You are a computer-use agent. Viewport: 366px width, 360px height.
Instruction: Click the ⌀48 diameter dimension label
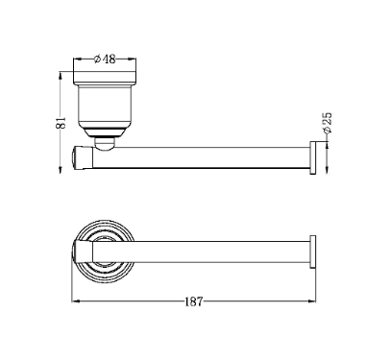tap(105, 60)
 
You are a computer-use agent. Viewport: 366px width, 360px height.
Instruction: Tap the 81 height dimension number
tap(61, 123)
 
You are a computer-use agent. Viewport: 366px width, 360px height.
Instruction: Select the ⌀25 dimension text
tap(328, 123)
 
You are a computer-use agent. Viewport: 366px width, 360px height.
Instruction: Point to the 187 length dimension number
tap(194, 301)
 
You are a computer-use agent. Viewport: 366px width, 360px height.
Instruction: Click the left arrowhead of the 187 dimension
tap(75, 301)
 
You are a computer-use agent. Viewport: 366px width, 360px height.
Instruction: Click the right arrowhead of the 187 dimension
tap(312, 301)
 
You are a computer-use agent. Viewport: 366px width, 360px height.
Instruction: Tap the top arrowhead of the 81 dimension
tap(60, 75)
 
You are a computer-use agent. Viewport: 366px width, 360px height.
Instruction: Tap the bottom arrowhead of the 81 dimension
tap(60, 170)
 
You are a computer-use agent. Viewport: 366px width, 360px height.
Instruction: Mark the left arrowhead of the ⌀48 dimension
tap(78, 59)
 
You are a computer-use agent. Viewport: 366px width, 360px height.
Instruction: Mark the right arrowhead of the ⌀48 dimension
tap(133, 59)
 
